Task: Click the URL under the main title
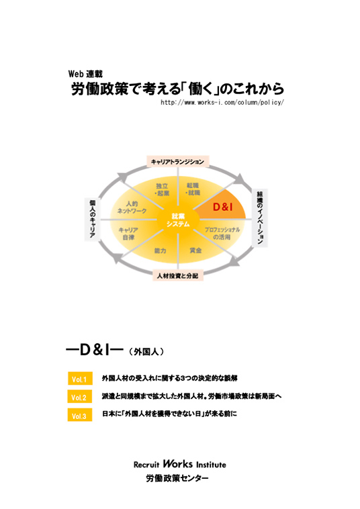(x=222, y=103)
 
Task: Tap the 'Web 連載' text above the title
(x=85, y=74)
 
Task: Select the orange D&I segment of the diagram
(x=224, y=206)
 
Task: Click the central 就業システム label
(x=178, y=220)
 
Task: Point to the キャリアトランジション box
(x=177, y=162)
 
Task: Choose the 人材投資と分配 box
(x=178, y=275)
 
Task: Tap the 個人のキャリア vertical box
(x=92, y=219)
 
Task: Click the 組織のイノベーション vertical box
(x=260, y=218)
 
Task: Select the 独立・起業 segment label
(x=163, y=189)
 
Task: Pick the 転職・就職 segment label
(x=193, y=189)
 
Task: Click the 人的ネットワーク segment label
(x=132, y=207)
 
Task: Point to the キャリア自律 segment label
(x=128, y=234)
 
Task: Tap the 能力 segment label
(x=161, y=251)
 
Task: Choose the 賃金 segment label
(x=195, y=250)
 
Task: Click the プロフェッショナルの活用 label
(x=222, y=234)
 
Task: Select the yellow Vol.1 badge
(x=80, y=379)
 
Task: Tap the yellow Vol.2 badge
(x=80, y=397)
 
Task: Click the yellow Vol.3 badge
(x=80, y=415)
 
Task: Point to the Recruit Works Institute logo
(x=180, y=464)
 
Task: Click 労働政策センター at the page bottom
(x=177, y=478)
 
